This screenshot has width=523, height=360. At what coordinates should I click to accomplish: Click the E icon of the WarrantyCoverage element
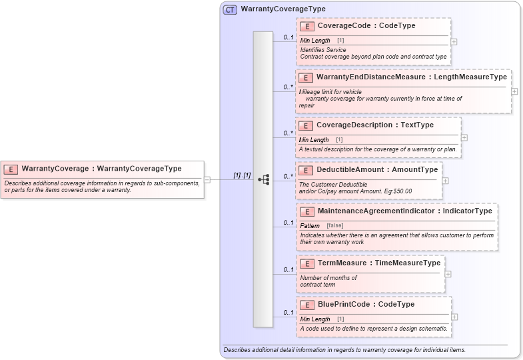pos(12,169)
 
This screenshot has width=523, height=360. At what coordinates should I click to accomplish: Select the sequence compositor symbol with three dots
pos(263,179)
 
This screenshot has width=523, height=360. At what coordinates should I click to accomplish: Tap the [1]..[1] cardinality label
pos(242,175)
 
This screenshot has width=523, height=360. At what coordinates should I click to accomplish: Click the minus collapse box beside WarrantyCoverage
pos(207,179)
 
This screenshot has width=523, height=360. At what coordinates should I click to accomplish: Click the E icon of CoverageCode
pos(308,26)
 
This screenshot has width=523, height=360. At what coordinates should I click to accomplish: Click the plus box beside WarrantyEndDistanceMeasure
pos(514,91)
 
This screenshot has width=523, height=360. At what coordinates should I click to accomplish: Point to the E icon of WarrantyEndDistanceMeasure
pos(306,77)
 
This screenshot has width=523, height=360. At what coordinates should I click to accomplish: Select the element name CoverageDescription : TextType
pos(375,125)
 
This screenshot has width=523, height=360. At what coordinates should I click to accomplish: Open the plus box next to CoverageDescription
pos(464,138)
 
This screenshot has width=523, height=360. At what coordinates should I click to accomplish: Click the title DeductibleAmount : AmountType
pos(377,169)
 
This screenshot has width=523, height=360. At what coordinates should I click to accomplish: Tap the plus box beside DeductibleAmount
pos(445,180)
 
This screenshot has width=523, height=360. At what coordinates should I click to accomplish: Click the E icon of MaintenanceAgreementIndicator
pos(308,211)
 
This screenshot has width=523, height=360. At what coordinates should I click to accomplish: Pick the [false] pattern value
pos(334,225)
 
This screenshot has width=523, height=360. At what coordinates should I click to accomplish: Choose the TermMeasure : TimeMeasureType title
pos(379,263)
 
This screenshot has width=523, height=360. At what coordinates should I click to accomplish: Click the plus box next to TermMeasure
pos(448,273)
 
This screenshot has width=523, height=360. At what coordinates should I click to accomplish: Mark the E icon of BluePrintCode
pos(308,305)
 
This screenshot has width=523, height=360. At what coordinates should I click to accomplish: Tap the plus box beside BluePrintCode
pos(454,317)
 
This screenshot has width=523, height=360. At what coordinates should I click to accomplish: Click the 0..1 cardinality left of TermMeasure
pos(288,270)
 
